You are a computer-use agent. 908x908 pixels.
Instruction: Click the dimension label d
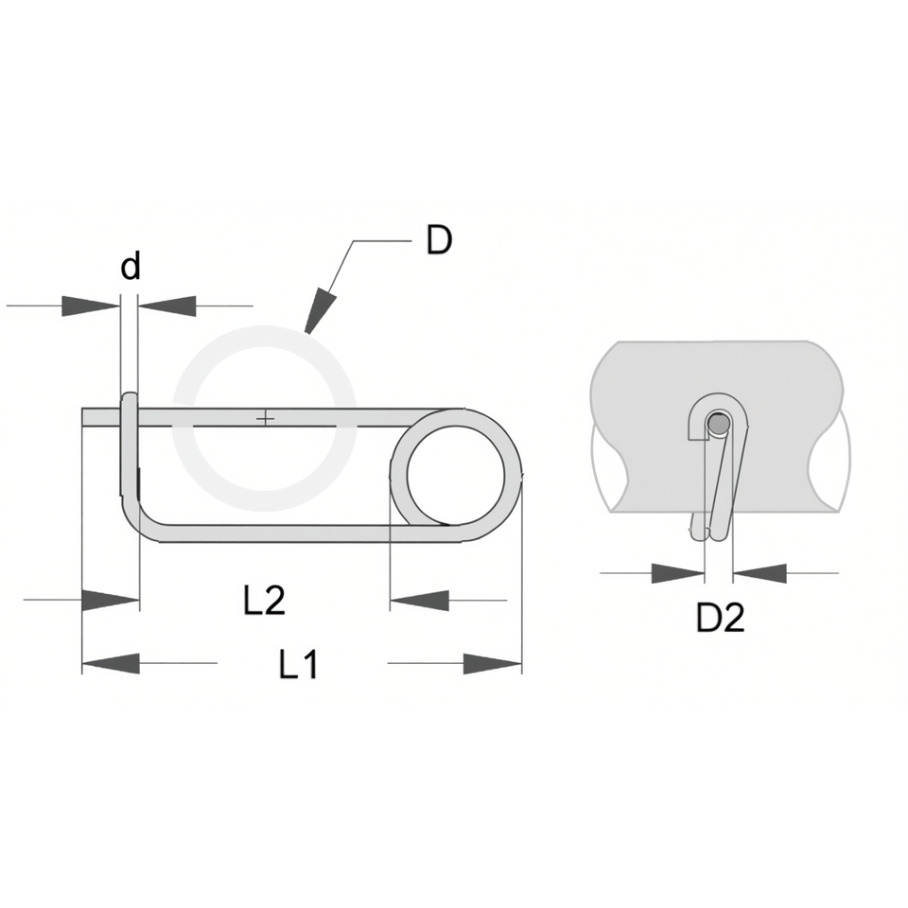(x=131, y=267)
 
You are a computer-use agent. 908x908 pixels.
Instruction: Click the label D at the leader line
(x=439, y=240)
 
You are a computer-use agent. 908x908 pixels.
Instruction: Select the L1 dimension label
(x=298, y=664)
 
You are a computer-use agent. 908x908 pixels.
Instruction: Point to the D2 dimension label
(x=720, y=618)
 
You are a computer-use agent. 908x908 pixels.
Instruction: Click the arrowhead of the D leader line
(x=321, y=311)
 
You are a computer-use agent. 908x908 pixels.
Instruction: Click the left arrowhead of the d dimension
(x=91, y=306)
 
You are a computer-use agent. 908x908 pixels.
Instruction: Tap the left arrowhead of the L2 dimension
(x=111, y=600)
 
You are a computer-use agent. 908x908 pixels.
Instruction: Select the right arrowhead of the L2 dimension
(x=419, y=600)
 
